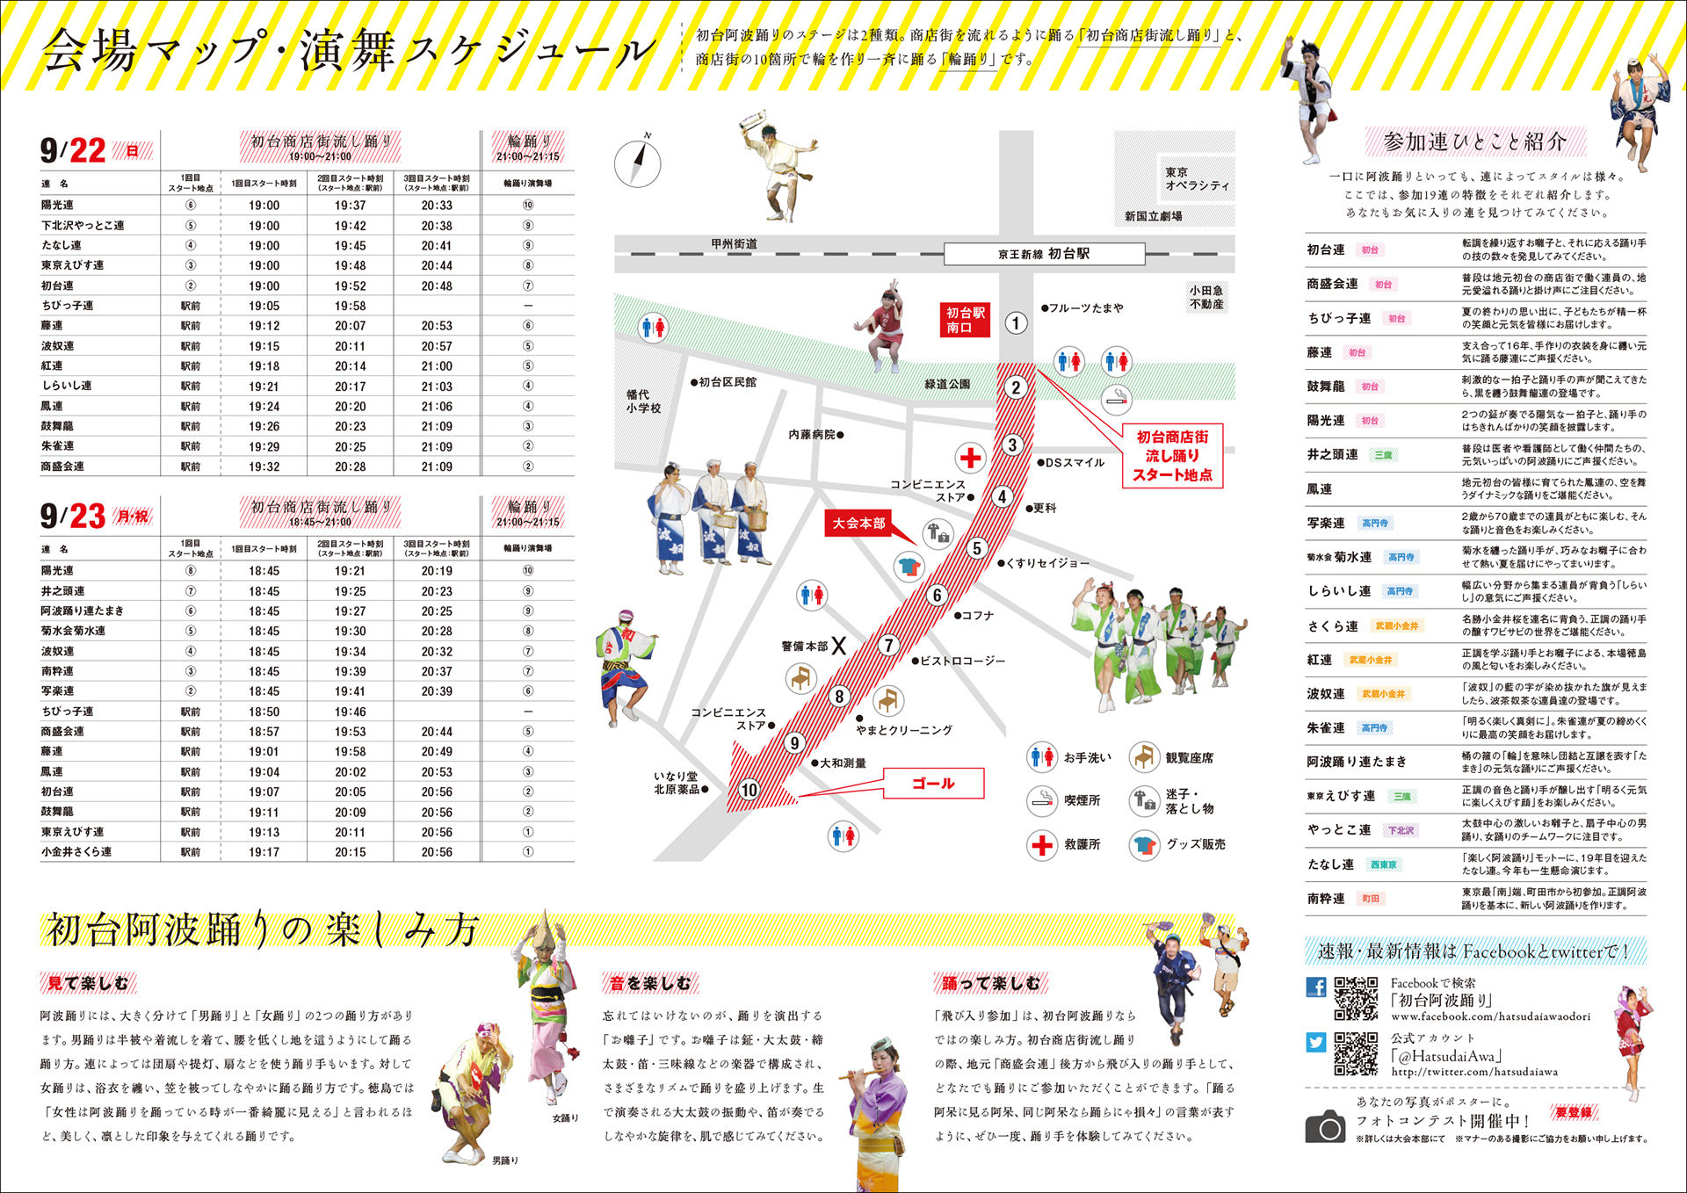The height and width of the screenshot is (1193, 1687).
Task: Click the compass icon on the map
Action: pyautogui.click(x=638, y=163)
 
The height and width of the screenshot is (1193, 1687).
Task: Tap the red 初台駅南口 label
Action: pyautogui.click(x=965, y=320)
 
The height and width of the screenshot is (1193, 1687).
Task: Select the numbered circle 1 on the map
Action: pyautogui.click(x=1016, y=323)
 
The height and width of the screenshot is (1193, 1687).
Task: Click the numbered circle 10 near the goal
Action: pyautogui.click(x=749, y=789)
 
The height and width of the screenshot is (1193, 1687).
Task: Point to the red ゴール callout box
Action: pyautogui.click(x=933, y=783)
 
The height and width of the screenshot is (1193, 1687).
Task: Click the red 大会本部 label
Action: pyautogui.click(x=858, y=524)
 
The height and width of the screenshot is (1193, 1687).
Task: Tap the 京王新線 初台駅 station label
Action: pyautogui.click(x=1044, y=254)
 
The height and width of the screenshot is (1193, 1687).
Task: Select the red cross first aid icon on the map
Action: pyautogui.click(x=970, y=458)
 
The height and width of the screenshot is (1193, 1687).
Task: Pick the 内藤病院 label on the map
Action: pyautogui.click(x=815, y=434)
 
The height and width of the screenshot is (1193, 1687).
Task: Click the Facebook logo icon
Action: pyautogui.click(x=1315, y=987)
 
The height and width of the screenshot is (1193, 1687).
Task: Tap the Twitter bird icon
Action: pyautogui.click(x=1315, y=1042)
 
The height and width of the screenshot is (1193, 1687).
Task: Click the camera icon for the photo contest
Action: pyautogui.click(x=1325, y=1126)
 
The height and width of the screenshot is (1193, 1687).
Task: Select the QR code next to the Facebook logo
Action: pyautogui.click(x=1356, y=998)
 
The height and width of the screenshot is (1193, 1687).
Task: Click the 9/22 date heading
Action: pyautogui.click(x=73, y=151)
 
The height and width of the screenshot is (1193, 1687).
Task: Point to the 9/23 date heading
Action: pyautogui.click(x=73, y=517)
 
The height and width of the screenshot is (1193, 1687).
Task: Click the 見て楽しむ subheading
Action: pyautogui.click(x=88, y=983)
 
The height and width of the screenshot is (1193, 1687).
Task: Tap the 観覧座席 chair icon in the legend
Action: pyautogui.click(x=1143, y=756)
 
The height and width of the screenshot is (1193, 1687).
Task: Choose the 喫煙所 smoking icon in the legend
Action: pyautogui.click(x=1041, y=799)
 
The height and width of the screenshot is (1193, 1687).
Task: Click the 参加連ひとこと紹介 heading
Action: pyautogui.click(x=1474, y=141)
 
